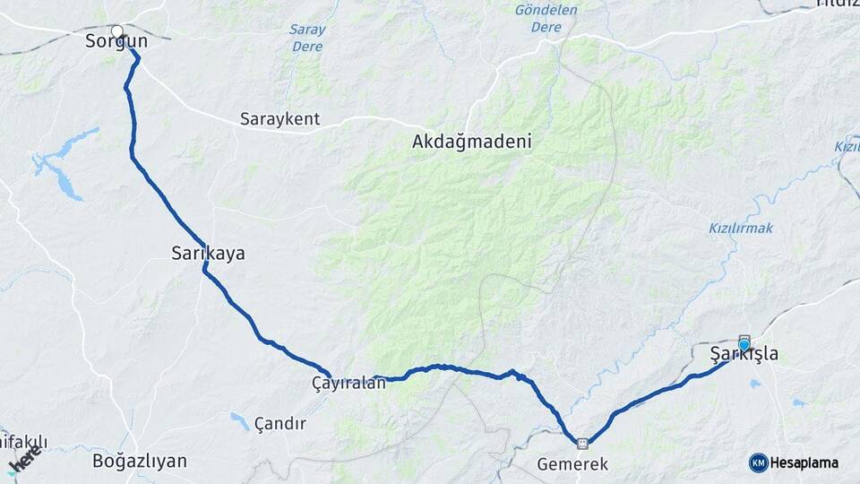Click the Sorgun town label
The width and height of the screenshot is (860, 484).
[116, 41]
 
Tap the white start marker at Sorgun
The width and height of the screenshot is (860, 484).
[116, 30]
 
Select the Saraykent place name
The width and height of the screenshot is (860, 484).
[279, 119]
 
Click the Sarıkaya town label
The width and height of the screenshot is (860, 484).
[208, 254]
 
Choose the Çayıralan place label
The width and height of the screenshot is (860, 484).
[348, 383]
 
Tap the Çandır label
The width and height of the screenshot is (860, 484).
[279, 423]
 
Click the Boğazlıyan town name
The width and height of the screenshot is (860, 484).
[140, 462]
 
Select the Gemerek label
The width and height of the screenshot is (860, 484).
[572, 464]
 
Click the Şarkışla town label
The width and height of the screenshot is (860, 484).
[744, 355]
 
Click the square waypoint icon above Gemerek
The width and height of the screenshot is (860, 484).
[583, 442]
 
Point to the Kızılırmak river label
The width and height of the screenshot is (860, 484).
[740, 229]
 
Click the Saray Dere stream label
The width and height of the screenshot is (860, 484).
[307, 37]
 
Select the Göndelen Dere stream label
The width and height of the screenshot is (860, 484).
[546, 19]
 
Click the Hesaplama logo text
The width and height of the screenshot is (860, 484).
[804, 462]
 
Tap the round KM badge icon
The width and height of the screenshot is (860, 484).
[758, 462]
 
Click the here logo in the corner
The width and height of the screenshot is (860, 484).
[23, 461]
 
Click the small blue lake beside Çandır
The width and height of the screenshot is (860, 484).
[239, 420]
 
